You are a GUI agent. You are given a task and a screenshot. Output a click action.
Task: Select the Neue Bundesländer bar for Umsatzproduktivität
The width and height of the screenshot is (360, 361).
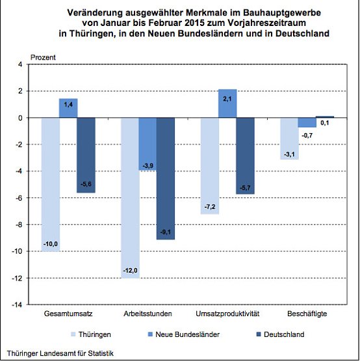click(227, 104)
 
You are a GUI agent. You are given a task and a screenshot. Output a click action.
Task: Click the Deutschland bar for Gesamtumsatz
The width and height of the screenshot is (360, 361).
click(86, 155)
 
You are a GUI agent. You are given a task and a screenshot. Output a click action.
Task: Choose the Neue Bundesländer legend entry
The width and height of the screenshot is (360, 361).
click(190, 335)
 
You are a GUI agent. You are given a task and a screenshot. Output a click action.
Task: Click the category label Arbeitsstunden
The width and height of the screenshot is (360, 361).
click(148, 314)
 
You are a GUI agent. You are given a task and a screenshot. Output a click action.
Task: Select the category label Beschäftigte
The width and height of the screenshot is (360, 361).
click(307, 314)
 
